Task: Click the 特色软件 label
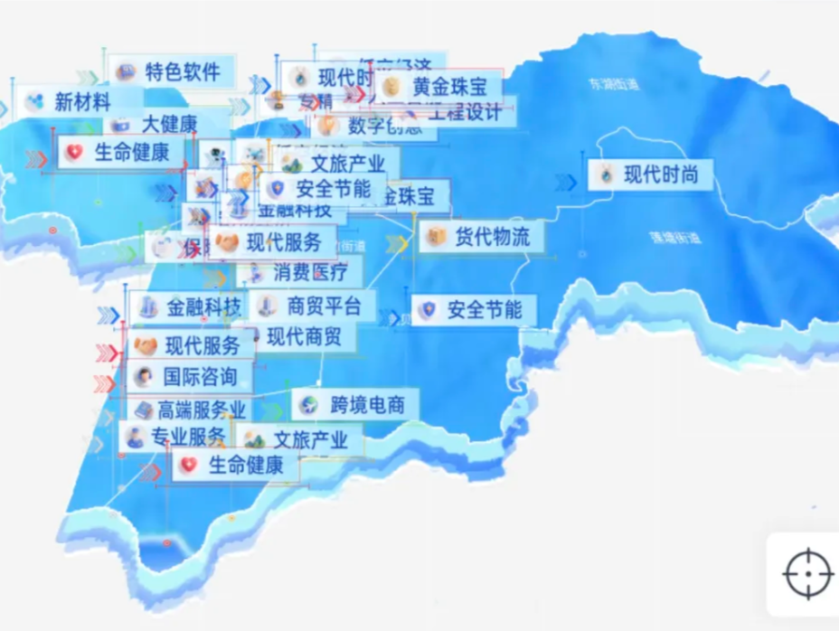point(188,71)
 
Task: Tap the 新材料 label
point(82,101)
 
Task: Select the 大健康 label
point(169,124)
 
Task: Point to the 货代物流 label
point(492,238)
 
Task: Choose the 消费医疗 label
point(310,271)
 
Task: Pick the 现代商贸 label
point(305,338)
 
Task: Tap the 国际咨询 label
point(200,376)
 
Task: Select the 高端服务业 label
point(202,410)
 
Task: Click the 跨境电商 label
point(366,404)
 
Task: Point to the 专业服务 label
point(188,438)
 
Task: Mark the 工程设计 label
point(464,114)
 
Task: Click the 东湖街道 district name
point(613,85)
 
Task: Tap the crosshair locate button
point(806,573)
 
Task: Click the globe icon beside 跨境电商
point(309,404)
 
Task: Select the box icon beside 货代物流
point(437,238)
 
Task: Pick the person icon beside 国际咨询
point(142,376)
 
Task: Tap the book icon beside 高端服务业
point(143,410)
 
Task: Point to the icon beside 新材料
point(34,101)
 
